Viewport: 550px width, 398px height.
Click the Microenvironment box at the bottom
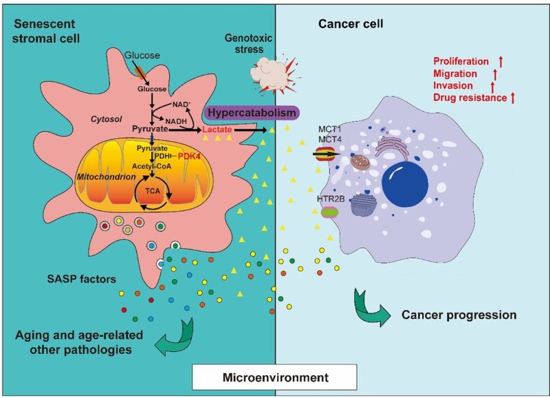point(274,377)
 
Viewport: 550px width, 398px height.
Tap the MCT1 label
point(327,130)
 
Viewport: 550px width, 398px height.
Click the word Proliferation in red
point(461,62)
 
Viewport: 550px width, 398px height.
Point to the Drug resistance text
point(470,98)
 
